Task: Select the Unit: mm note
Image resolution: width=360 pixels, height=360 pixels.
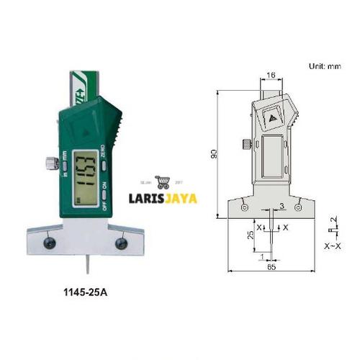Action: (x=325, y=66)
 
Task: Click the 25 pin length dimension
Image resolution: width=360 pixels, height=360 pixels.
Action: (x=249, y=235)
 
